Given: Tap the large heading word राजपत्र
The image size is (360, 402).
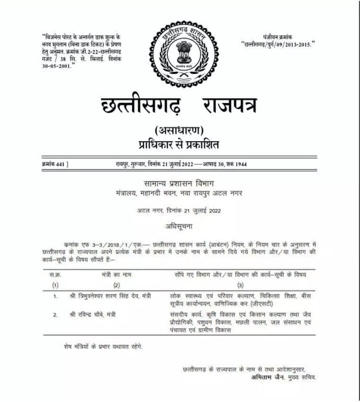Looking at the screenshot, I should (x=229, y=105).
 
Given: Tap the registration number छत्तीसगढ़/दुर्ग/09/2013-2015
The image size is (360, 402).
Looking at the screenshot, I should (x=279, y=44).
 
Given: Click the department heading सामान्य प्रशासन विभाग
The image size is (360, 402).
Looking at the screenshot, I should (x=182, y=183).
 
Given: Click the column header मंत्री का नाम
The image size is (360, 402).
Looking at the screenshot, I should (x=116, y=274).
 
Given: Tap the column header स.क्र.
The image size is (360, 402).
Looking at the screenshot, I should (x=56, y=274).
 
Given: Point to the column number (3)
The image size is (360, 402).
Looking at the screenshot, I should (x=240, y=285).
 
